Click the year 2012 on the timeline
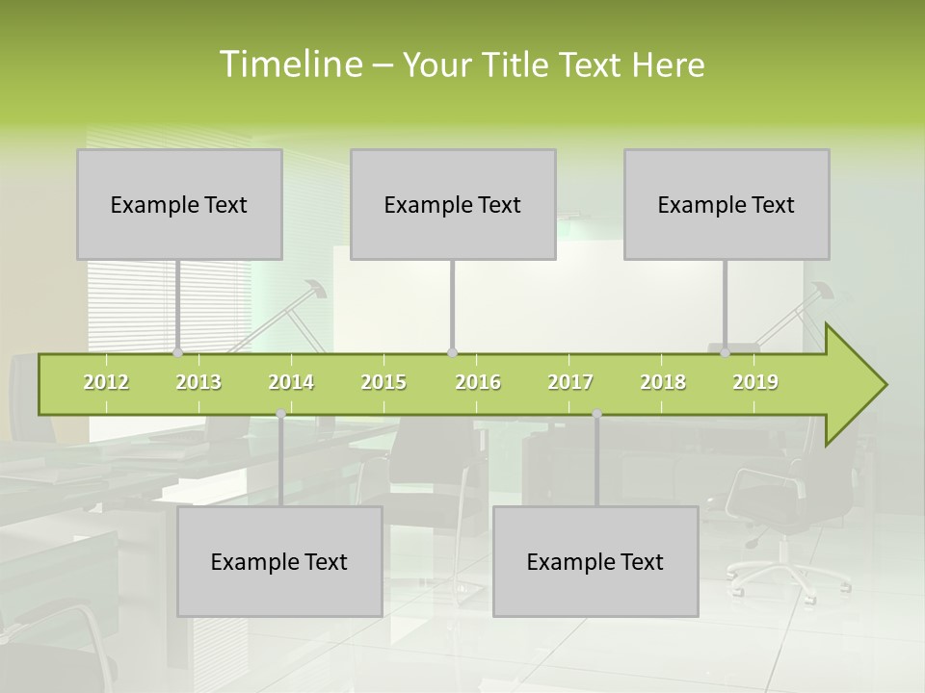point(106,382)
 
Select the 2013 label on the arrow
point(198,382)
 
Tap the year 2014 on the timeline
point(291,382)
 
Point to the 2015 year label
point(383,382)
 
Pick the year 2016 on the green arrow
point(478,382)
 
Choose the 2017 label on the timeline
point(570,382)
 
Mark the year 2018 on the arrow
point(663,382)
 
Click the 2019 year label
point(755,382)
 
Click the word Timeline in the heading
point(290,64)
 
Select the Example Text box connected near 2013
point(179,204)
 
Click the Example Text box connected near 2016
point(453,204)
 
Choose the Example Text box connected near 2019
point(727,204)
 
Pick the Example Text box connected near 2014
point(279,561)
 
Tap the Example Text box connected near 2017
point(595,561)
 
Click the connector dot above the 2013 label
point(177,353)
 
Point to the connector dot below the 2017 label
point(596,414)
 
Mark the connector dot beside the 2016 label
point(452,353)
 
